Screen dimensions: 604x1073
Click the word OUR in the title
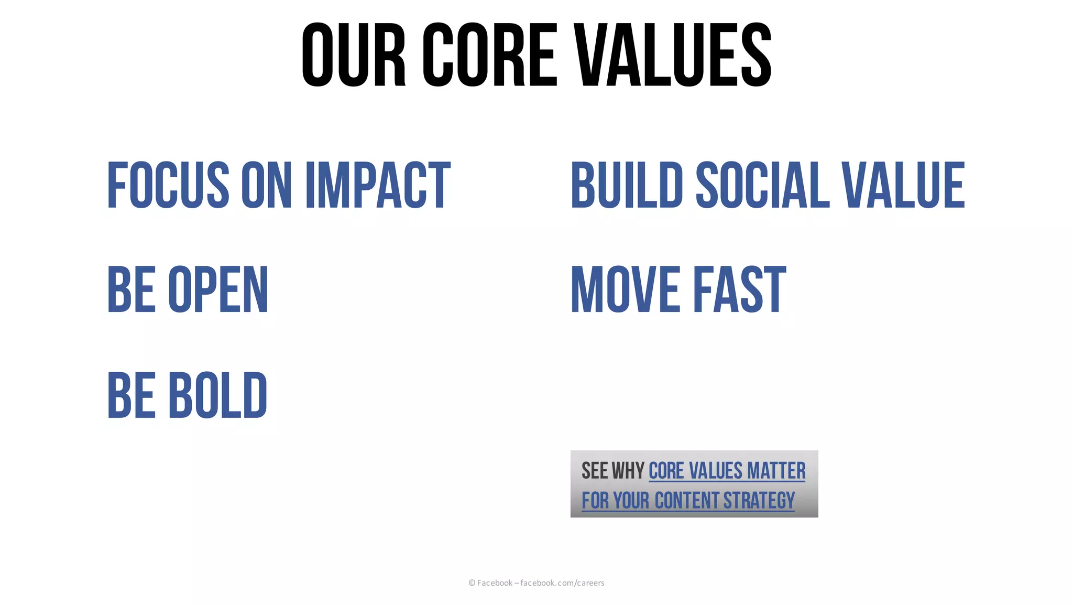[x=354, y=55]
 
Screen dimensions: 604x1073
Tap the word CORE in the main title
[x=490, y=55]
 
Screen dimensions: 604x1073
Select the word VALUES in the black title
[x=673, y=55]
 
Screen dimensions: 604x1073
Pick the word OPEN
[x=218, y=290]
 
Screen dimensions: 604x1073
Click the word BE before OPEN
[x=132, y=290]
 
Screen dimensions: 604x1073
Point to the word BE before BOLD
[x=132, y=395]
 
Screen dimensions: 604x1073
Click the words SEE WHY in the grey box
[x=612, y=471]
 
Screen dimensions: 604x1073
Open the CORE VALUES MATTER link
[x=727, y=471]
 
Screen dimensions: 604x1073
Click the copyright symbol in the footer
[x=472, y=583]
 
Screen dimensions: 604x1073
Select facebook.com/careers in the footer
[x=562, y=583]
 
